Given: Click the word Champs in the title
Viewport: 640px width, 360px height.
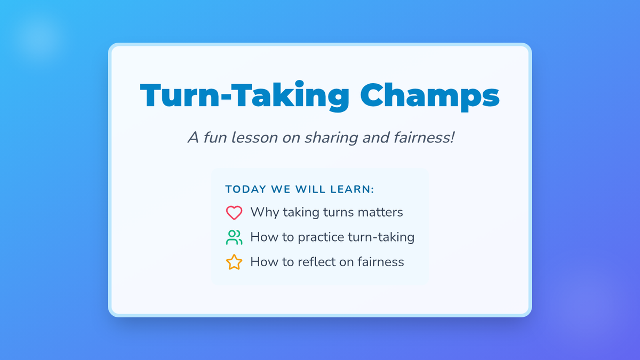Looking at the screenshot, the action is [x=430, y=95].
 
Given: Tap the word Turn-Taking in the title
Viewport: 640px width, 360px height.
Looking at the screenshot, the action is [x=245, y=95].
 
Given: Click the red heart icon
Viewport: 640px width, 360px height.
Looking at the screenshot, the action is [x=234, y=213].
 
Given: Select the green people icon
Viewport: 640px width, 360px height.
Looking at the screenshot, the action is [x=234, y=237].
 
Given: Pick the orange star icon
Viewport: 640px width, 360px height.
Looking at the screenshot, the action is [x=234, y=262].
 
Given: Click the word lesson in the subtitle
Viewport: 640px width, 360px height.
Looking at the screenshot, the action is [x=254, y=138].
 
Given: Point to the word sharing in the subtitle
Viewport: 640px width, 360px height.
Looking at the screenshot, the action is [x=331, y=138].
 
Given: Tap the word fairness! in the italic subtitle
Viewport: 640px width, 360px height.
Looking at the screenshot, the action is [x=424, y=138].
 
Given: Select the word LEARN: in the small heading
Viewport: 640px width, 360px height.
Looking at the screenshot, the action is [x=352, y=189].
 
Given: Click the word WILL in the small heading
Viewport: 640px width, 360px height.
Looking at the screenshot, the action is [x=310, y=189].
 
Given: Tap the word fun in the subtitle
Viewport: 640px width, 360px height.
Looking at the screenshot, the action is [x=215, y=138].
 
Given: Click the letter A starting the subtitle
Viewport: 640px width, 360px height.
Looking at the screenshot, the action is [x=193, y=138].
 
